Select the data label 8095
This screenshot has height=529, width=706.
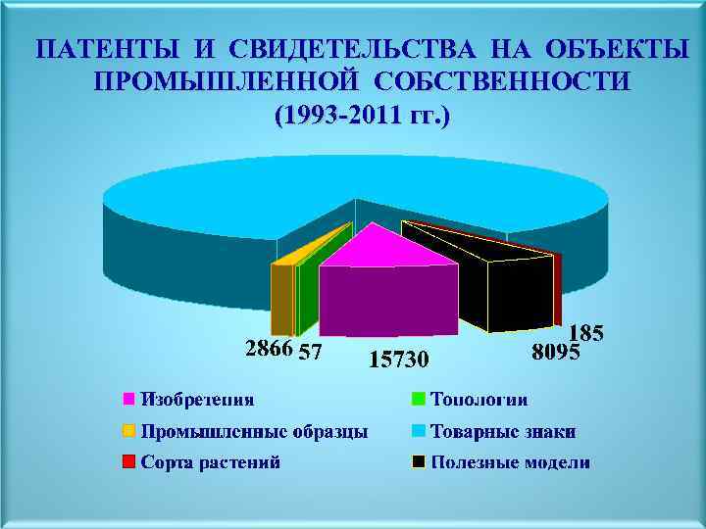tap(556, 351)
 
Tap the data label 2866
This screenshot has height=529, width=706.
tap(268, 349)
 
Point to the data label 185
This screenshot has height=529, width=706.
tap(586, 333)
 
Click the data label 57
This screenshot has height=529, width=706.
tap(311, 351)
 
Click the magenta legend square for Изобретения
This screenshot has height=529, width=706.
tap(128, 399)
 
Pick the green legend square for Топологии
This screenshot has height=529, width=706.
tap(419, 399)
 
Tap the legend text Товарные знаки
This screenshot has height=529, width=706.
tap(503, 431)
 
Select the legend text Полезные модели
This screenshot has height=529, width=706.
tap(510, 462)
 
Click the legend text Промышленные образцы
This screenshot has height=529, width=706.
tap(255, 431)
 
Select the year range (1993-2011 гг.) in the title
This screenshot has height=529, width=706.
tap(363, 115)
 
